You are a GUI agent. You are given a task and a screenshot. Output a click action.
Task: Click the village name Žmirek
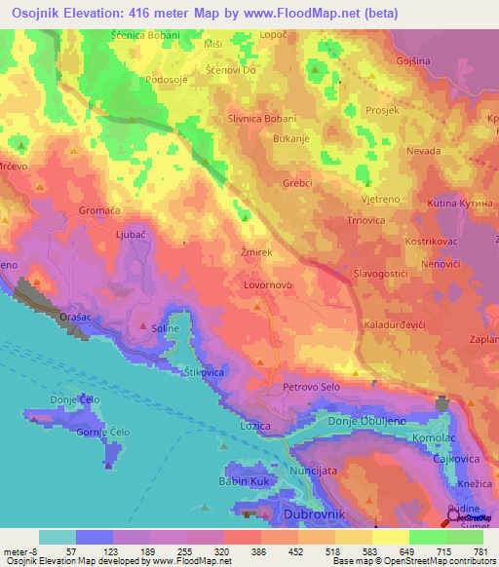[x=255, y=252]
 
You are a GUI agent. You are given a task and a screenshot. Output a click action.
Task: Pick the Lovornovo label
[x=268, y=286]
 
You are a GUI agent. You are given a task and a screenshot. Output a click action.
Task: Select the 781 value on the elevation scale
[x=480, y=550]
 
